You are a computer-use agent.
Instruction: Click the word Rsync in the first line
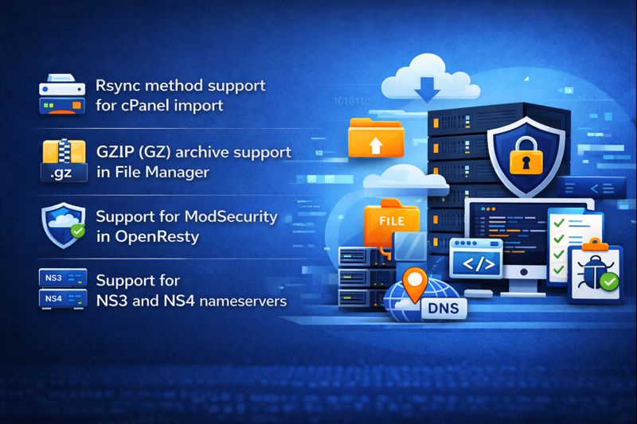click(x=116, y=85)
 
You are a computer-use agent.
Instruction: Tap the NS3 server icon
click(x=61, y=278)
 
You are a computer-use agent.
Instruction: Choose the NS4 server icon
click(x=61, y=300)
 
